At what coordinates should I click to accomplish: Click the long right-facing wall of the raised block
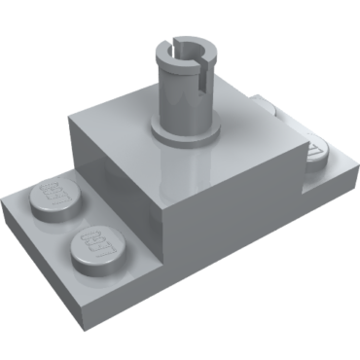(234, 195)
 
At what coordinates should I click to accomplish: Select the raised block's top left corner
(71, 122)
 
